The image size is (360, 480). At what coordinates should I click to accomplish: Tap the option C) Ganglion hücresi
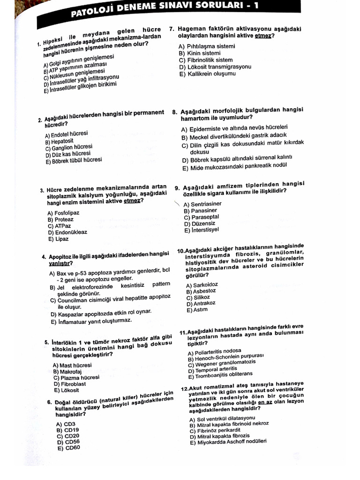pos(69,147)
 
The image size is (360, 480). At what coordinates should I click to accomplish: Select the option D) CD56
pos(68,442)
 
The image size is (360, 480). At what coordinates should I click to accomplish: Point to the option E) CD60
pos(68,448)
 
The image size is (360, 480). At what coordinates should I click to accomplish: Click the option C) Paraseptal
pos(202,217)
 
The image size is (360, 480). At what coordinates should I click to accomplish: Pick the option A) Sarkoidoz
pos(202,285)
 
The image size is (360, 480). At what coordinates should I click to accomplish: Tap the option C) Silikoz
pos(198,297)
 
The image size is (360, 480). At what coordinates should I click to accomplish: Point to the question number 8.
pos(174,112)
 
